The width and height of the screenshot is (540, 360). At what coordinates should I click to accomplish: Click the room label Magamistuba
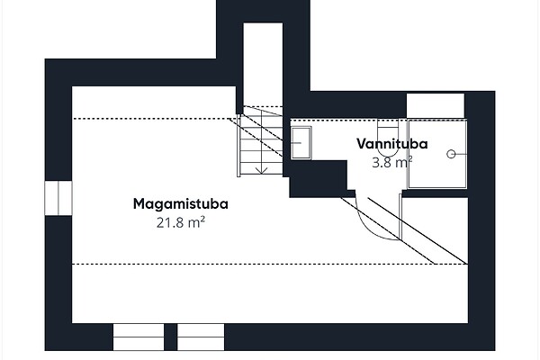[x=180, y=203]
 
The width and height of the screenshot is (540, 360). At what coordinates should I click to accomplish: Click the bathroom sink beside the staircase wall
[x=301, y=142]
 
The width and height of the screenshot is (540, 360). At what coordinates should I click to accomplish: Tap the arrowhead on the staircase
[x=260, y=168]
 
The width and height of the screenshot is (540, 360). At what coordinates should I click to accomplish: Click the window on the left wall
[x=58, y=197]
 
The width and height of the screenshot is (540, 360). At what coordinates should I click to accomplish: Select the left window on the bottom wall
[x=139, y=337]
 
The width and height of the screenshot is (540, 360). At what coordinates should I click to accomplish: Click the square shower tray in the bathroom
[x=437, y=153]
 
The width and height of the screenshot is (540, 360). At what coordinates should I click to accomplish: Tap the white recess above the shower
[x=436, y=105]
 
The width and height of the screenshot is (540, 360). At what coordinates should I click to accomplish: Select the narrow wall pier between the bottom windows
[x=170, y=337]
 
